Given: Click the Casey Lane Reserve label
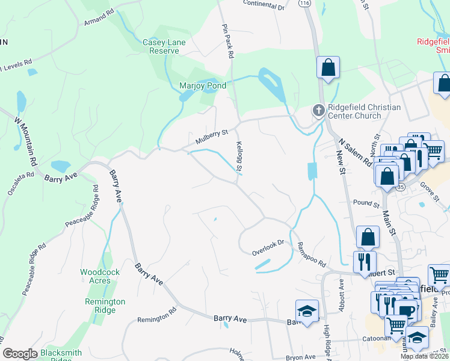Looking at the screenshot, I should tap(164, 46).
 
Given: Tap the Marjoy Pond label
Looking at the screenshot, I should tap(203, 86).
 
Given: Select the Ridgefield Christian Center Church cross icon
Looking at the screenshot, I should tap(318, 111).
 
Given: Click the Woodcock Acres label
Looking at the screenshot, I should tap(100, 276).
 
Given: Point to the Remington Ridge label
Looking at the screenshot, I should tap(105, 306).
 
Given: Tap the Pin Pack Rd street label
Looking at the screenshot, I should tap(227, 41).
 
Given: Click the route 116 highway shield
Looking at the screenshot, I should tap(304, 3).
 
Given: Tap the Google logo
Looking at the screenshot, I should tap(20, 354).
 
